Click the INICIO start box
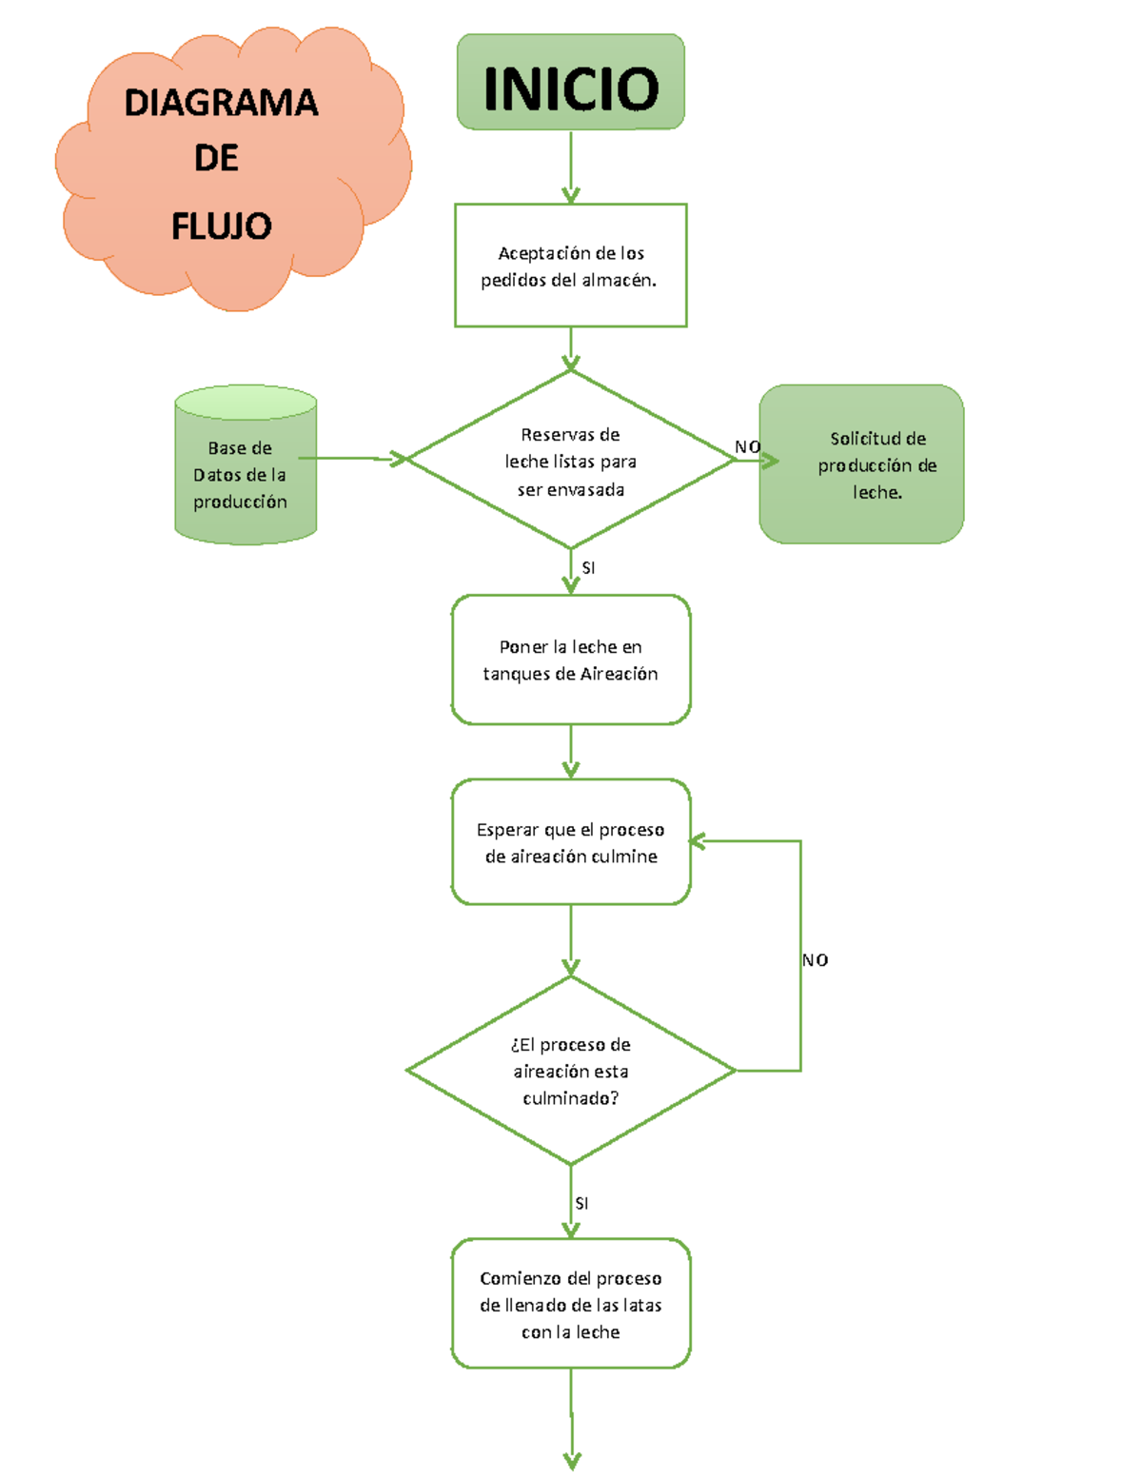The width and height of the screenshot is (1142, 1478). point(570,83)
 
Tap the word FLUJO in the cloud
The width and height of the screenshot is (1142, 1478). point(221,227)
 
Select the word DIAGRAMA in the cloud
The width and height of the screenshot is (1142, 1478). point(221,103)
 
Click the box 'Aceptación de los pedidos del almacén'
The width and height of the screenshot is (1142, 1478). point(570,266)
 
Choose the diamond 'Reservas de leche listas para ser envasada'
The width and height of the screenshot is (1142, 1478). point(570,461)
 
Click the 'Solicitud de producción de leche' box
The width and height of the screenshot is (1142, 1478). point(861,464)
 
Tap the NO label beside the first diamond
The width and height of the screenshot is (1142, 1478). point(747,446)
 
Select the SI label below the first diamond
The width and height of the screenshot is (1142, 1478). point(588,568)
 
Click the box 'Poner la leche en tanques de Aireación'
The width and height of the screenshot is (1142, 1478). point(570,660)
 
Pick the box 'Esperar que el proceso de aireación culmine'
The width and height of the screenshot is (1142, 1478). point(570,842)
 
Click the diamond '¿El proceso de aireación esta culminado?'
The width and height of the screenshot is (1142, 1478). point(570,1071)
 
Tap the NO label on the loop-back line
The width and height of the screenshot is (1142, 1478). point(815,960)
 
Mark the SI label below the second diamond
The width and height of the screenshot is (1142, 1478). point(581,1204)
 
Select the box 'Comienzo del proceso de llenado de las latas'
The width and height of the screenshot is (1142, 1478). point(570,1304)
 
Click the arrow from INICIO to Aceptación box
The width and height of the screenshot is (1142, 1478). point(570,168)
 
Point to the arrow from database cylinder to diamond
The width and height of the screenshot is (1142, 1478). point(352,459)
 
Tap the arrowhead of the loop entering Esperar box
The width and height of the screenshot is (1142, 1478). point(698,841)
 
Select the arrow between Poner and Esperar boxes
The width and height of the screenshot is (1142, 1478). point(570,751)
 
